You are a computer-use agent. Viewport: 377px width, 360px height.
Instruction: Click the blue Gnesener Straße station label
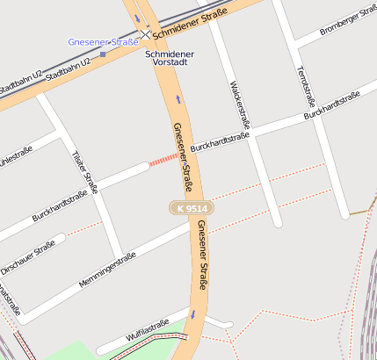click(103, 42)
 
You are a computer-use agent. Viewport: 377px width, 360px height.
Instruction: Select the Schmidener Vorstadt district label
click(170, 59)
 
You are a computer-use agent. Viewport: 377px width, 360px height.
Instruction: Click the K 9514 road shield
click(192, 209)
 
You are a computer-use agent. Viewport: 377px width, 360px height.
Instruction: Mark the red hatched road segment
click(164, 159)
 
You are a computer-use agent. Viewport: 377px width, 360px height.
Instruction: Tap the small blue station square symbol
click(103, 54)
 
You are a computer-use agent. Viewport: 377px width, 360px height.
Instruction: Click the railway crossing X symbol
click(146, 34)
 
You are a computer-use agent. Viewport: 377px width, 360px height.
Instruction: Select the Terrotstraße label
click(306, 84)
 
